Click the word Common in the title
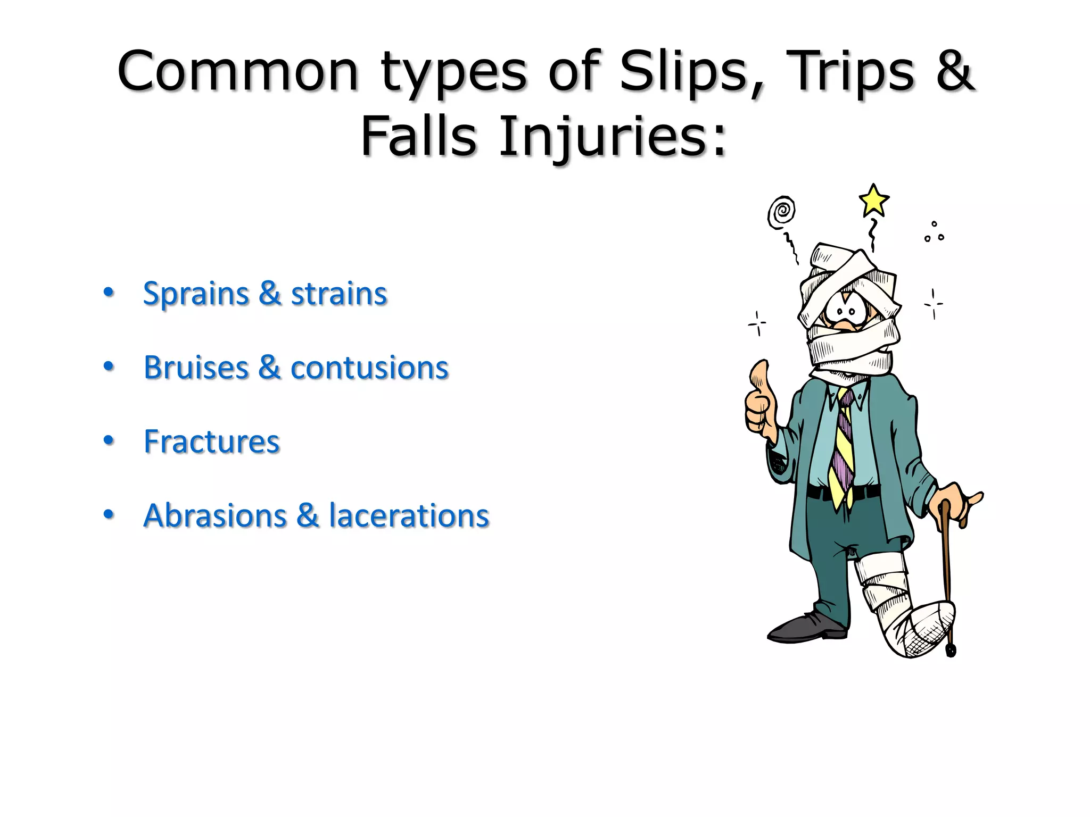click(238, 72)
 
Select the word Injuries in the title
click(612, 137)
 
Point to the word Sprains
click(196, 294)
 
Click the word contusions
click(369, 368)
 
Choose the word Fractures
click(211, 442)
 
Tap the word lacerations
click(409, 516)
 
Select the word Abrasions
click(215, 516)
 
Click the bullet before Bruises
click(109, 366)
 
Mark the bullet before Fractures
click(109, 440)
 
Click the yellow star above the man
click(873, 201)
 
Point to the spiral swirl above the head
click(781, 212)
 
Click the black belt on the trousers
click(820, 493)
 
